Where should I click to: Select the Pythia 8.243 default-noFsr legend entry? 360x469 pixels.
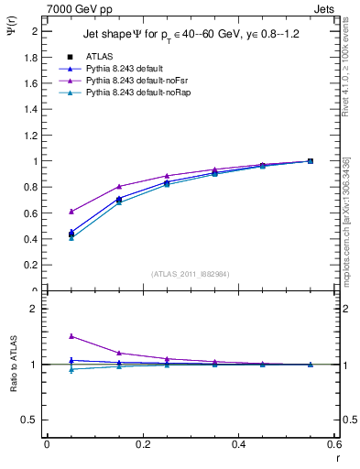[x=127, y=81]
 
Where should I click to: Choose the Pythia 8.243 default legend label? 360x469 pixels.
[x=118, y=69]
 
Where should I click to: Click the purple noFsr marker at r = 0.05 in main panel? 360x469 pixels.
[x=71, y=211]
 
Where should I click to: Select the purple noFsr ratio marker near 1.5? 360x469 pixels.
[x=71, y=336]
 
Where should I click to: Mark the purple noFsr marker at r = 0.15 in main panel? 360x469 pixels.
[x=119, y=186]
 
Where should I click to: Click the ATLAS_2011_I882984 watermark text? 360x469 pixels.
[x=190, y=273]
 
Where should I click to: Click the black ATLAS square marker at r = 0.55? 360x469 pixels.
[x=311, y=161]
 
